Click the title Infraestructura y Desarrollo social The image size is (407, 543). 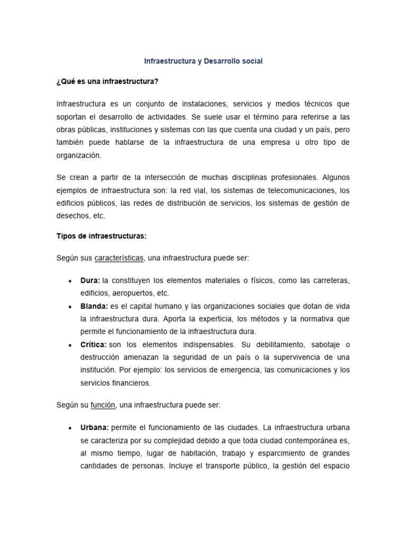click(x=203, y=62)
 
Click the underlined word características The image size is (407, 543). click(x=119, y=258)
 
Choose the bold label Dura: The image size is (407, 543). click(x=90, y=281)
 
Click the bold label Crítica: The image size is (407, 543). click(x=93, y=345)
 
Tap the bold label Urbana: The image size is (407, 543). click(x=95, y=427)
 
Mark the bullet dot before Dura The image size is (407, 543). click(x=70, y=281)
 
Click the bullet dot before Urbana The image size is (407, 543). click(x=70, y=428)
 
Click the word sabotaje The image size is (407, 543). click(x=318, y=345)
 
